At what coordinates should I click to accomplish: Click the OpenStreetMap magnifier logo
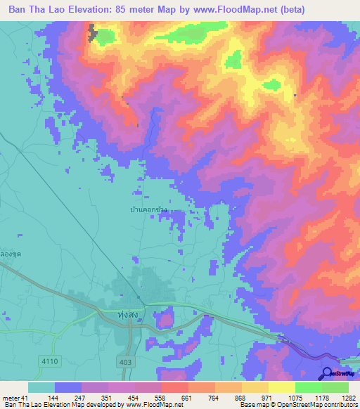[328, 374]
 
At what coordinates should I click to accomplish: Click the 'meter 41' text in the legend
[15, 398]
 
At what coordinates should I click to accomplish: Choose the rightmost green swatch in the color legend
[335, 387]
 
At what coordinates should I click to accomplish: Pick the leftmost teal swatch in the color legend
[41, 387]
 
